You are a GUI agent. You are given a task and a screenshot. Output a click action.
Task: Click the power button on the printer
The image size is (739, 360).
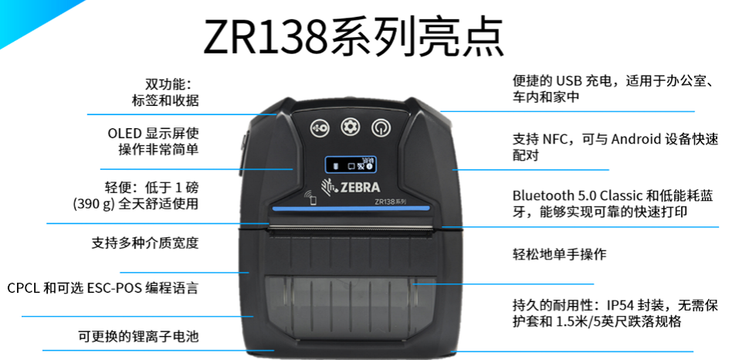click(380, 127)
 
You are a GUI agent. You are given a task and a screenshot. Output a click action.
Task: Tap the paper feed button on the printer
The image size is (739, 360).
click(320, 127)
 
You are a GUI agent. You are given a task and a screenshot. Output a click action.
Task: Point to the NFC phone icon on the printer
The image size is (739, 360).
click(311, 196)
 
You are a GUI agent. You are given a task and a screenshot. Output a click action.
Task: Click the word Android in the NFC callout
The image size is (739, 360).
click(635, 140)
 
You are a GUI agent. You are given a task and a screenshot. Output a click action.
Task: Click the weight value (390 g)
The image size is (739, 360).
click(93, 204)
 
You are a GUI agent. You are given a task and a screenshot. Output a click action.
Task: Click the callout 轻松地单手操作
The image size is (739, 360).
click(559, 253)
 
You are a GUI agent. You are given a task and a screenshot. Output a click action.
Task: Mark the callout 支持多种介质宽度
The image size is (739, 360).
click(145, 243)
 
